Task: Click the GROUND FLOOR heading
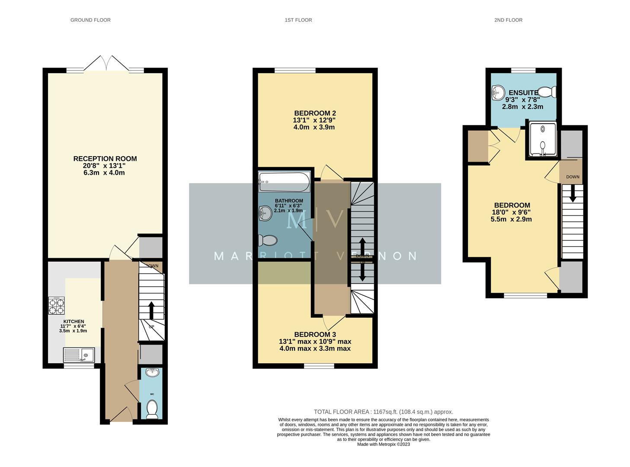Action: click(90, 20)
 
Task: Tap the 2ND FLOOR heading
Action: click(508, 20)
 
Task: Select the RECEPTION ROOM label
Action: click(105, 159)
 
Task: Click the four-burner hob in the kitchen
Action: click(56, 306)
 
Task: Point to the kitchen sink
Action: click(79, 355)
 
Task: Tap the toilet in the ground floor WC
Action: click(152, 409)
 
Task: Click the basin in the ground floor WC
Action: click(152, 373)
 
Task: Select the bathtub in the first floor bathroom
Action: click(284, 182)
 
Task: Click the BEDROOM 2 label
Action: click(315, 113)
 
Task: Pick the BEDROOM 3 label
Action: click(315, 334)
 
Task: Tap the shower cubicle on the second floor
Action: click(542, 140)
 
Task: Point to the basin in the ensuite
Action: click(499, 92)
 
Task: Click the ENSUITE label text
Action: click(523, 93)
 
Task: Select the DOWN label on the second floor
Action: click(572, 177)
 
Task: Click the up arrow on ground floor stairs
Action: click(151, 310)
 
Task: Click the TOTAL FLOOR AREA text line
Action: click(383, 412)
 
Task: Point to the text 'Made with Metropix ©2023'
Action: click(383, 444)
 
